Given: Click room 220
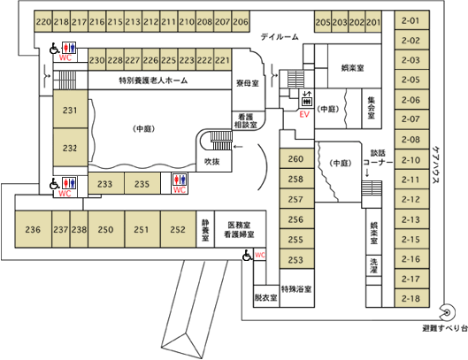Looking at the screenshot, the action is click(43, 21).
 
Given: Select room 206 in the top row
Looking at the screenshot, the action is click(241, 21).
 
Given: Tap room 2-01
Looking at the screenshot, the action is click(412, 20).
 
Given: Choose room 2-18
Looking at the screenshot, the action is click(412, 298).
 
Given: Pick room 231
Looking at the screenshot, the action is click(71, 110).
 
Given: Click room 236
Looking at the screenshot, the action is click(33, 229).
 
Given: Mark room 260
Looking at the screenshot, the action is click(296, 158).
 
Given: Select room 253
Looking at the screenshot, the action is click(296, 259).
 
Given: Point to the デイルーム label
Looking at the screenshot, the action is click(280, 37).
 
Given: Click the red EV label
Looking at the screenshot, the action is click(304, 114).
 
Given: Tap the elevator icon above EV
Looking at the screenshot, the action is click(307, 99).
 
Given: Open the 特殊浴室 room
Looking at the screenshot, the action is click(297, 288).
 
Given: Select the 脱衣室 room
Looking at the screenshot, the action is click(266, 296).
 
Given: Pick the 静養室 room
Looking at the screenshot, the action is click(205, 229).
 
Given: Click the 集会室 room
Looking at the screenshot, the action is click(372, 109).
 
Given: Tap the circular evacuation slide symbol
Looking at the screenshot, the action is click(448, 312).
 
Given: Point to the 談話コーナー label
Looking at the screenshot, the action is click(378, 157).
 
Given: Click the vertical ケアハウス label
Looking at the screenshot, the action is click(435, 165).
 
